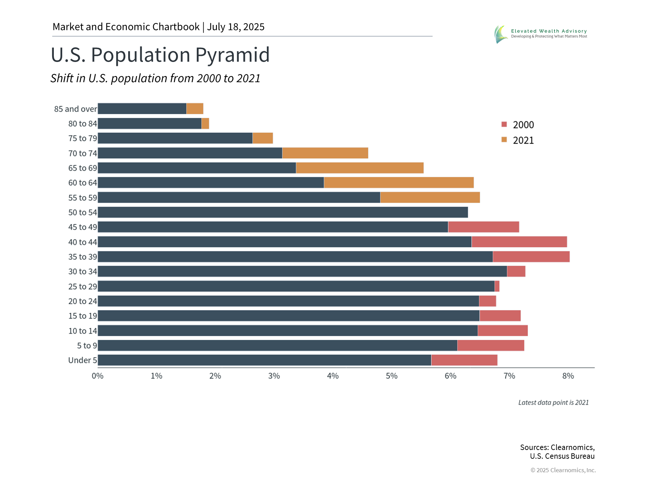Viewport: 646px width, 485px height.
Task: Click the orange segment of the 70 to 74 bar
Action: pos(325,153)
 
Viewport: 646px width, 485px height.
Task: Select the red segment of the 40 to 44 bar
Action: pos(519,242)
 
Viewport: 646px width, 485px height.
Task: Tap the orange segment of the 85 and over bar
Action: pos(195,109)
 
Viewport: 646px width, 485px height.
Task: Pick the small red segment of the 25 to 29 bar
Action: pos(497,286)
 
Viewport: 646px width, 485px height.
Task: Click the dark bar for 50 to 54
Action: pos(283,212)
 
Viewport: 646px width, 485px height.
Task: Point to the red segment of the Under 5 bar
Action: pos(464,360)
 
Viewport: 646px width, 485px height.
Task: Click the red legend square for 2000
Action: pos(504,124)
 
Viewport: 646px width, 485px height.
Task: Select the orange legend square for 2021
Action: pos(504,140)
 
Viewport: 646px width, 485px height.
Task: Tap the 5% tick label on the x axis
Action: pos(392,376)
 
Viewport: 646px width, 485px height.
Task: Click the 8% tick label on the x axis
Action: pos(568,376)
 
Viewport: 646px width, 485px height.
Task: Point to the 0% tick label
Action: pos(98,376)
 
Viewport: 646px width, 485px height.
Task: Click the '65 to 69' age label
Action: pos(82,168)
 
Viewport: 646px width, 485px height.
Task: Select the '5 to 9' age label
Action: pos(87,346)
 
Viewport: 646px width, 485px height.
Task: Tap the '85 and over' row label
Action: pos(75,109)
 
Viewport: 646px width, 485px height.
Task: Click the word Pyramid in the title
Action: pos(232,55)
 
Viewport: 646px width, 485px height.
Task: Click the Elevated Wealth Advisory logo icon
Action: pos(501,34)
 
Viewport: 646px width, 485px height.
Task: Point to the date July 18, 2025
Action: pos(236,27)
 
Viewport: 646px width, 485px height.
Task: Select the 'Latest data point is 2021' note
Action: pos(553,402)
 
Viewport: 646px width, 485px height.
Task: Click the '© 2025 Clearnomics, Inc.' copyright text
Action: pos(563,470)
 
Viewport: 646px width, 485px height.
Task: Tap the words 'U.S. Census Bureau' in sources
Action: pos(562,456)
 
